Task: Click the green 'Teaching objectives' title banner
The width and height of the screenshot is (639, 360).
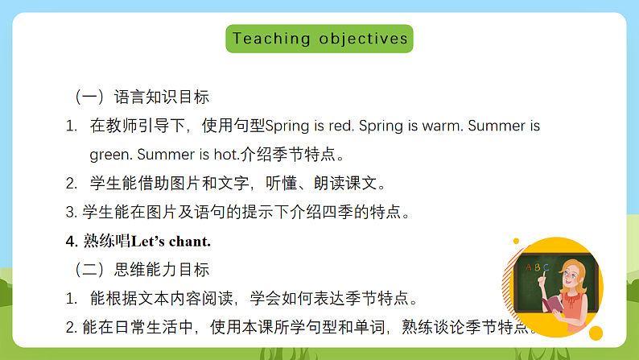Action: click(319, 38)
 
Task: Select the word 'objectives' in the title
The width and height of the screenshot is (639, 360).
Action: click(364, 38)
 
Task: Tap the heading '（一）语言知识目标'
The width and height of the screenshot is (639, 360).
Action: click(141, 97)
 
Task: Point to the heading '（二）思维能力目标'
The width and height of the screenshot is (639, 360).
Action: click(141, 269)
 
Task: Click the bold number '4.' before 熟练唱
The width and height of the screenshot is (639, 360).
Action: click(71, 241)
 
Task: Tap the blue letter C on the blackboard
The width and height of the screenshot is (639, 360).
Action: click(546, 267)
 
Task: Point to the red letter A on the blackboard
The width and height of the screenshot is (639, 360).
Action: click(529, 266)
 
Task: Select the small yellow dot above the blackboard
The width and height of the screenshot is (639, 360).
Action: click(516, 242)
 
